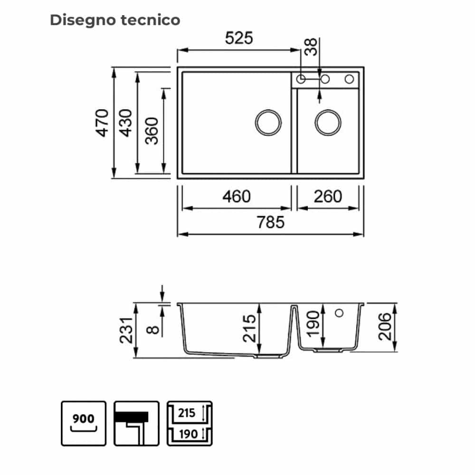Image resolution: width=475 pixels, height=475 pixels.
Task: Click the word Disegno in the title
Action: click(x=83, y=20)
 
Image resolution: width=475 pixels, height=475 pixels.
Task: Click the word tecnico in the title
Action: click(x=150, y=20)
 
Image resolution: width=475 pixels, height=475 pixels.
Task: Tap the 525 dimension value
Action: click(x=239, y=38)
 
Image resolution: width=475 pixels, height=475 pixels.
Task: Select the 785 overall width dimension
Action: click(x=271, y=222)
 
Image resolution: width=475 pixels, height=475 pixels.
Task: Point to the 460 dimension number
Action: click(x=237, y=196)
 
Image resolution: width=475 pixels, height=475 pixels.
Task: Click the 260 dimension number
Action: click(x=328, y=196)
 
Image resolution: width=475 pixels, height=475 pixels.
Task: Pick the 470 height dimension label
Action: click(x=102, y=123)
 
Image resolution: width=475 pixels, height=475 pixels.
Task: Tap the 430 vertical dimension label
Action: click(x=125, y=123)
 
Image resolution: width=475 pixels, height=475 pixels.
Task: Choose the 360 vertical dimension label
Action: click(x=152, y=131)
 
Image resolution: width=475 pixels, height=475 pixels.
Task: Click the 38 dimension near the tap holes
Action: click(x=311, y=47)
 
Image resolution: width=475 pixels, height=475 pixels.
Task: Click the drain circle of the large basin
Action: click(x=268, y=123)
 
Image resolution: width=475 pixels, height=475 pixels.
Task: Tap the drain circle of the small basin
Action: click(x=328, y=123)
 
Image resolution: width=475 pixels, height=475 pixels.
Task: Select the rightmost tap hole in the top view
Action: click(x=349, y=79)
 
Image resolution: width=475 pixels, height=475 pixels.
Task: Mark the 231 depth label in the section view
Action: click(x=126, y=331)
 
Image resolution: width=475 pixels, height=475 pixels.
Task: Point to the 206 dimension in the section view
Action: click(x=385, y=327)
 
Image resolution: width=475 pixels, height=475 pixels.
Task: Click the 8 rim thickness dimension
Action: click(x=152, y=330)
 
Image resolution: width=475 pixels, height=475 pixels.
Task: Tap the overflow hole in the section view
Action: click(x=339, y=313)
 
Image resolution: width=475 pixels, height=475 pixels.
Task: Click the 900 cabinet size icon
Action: click(x=84, y=424)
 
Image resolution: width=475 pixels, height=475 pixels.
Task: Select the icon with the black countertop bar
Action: click(x=136, y=424)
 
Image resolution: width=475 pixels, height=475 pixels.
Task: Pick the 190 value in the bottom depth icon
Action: click(x=188, y=434)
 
